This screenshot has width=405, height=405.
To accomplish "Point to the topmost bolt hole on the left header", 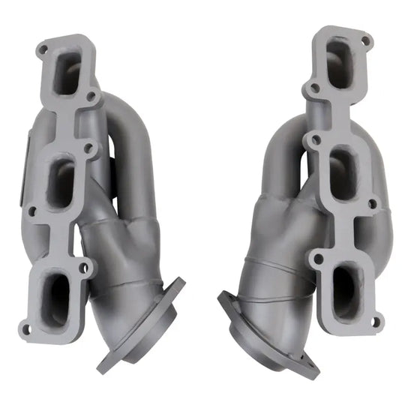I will [43, 49].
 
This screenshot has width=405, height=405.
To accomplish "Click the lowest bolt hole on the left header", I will [28, 328].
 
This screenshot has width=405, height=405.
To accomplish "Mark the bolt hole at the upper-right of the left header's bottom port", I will [83, 265].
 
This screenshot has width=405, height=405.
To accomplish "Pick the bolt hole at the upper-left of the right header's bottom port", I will [318, 258].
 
